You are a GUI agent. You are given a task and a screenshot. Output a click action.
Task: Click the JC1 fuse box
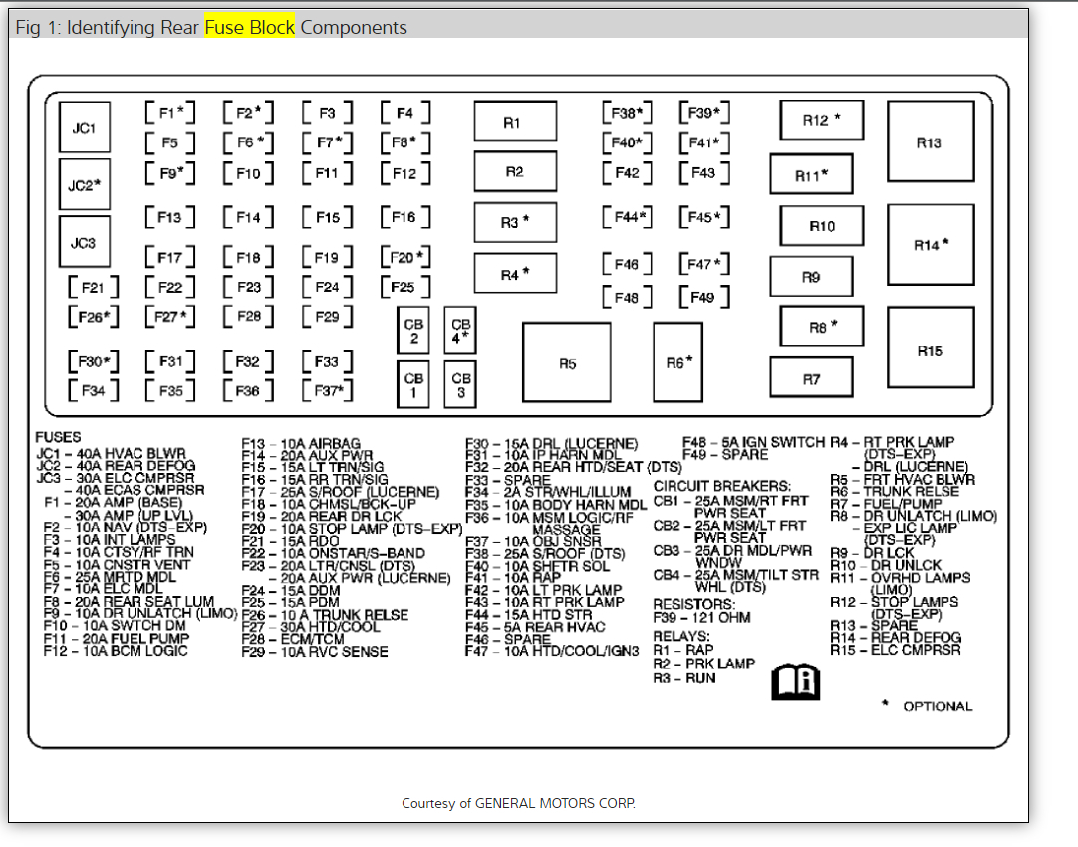point(84,128)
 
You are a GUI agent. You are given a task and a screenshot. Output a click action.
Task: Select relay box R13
point(930,143)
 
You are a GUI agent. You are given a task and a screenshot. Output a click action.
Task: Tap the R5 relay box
point(566,363)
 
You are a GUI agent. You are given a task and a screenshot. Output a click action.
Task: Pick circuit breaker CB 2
point(413,331)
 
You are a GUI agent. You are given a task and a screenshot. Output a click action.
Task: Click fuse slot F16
point(404,217)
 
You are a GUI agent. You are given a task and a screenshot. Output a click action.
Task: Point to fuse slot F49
point(702,297)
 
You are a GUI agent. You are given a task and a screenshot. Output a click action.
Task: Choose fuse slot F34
point(93,391)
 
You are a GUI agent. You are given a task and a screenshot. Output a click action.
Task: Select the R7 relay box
point(811,379)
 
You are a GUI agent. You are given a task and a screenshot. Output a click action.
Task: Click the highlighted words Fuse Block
point(250,27)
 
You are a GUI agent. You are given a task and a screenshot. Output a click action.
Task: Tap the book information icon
point(795,682)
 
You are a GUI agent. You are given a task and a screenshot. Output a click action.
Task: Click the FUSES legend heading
point(59,436)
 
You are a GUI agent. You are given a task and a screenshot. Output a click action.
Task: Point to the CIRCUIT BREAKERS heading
point(721,486)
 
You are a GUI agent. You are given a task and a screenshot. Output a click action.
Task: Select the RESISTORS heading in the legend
point(693,604)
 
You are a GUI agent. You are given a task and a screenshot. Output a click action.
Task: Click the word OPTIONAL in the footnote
point(938,706)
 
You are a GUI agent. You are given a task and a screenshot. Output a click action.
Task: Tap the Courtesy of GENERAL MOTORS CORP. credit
point(518,803)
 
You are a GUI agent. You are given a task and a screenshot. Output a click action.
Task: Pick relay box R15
point(930,351)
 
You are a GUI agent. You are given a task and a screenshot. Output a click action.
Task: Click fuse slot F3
point(327,114)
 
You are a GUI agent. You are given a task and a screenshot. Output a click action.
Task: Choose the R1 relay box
point(514,123)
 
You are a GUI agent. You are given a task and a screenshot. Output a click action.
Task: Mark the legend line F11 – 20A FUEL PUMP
point(117,639)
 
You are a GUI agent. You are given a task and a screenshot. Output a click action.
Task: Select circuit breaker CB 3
point(460,385)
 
